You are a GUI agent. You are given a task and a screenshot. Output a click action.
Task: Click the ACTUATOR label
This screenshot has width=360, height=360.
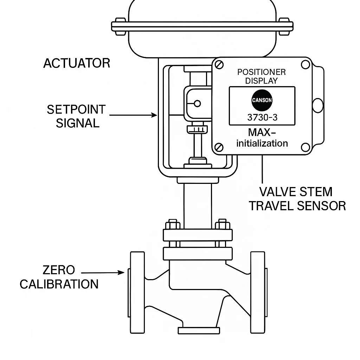pos(77,63)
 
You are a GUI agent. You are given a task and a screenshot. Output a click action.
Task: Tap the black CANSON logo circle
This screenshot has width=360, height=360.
pos(262,100)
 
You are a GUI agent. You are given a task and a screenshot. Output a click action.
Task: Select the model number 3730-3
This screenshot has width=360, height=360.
pos(262,117)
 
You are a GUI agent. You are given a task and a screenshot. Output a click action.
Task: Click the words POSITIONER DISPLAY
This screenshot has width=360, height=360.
pos(262,76)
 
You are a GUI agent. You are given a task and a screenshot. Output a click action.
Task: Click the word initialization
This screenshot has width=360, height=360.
pos(262,143)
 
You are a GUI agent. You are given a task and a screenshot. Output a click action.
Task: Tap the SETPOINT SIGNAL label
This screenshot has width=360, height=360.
pos(76,116)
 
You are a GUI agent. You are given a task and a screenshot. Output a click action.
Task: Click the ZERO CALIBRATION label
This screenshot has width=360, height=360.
pos(59,277)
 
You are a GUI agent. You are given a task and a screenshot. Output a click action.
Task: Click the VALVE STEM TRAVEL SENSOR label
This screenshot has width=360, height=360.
pos(297,199)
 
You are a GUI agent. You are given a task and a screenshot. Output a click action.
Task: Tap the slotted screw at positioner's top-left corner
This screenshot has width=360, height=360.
pos(220,65)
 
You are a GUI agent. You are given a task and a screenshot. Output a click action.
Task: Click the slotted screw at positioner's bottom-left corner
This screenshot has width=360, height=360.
pos(219,147)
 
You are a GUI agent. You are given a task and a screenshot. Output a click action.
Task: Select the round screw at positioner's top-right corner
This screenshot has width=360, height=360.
pos(306,65)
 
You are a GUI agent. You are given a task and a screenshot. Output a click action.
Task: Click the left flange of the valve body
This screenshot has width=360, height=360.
pos(137,292)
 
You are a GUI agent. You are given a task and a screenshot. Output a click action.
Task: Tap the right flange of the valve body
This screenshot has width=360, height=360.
pos(258,292)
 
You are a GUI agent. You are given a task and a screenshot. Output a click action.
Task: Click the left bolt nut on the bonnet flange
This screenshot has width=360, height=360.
pos(172,224)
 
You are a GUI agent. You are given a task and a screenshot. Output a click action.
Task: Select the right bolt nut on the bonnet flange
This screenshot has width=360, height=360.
pos(222,224)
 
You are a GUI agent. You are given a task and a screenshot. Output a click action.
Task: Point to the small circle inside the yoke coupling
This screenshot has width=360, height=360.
pos(197,103)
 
